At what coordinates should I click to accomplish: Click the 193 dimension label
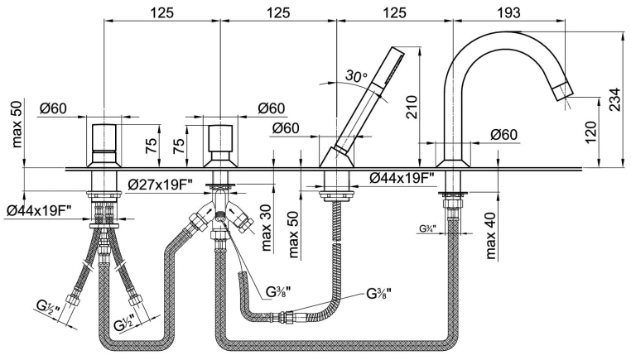508,12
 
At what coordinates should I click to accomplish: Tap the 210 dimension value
412,107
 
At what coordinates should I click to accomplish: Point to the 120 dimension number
590,132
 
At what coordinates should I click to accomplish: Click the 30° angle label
357,75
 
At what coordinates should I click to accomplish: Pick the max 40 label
490,235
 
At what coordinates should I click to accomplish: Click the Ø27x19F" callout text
160,185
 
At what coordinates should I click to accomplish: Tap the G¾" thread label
428,228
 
